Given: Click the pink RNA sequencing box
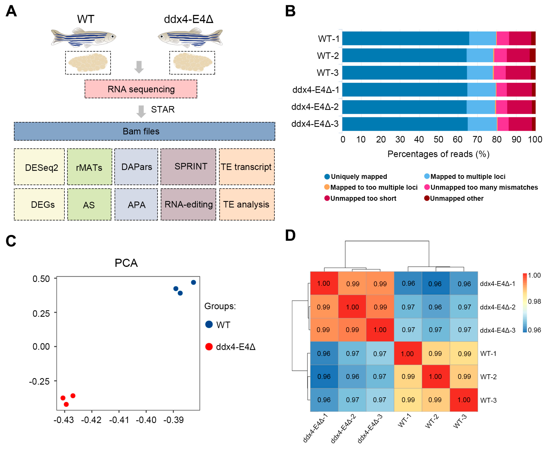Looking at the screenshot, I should [141, 89].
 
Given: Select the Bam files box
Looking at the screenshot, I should [144, 131].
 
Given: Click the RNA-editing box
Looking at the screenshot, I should [188, 204].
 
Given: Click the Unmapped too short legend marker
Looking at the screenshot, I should [327, 198].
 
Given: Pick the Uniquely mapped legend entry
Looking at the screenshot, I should [356, 177].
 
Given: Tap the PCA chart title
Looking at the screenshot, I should [126, 263].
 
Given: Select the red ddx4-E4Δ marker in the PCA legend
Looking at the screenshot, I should [209, 347].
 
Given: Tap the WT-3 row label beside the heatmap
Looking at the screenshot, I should [488, 400].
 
